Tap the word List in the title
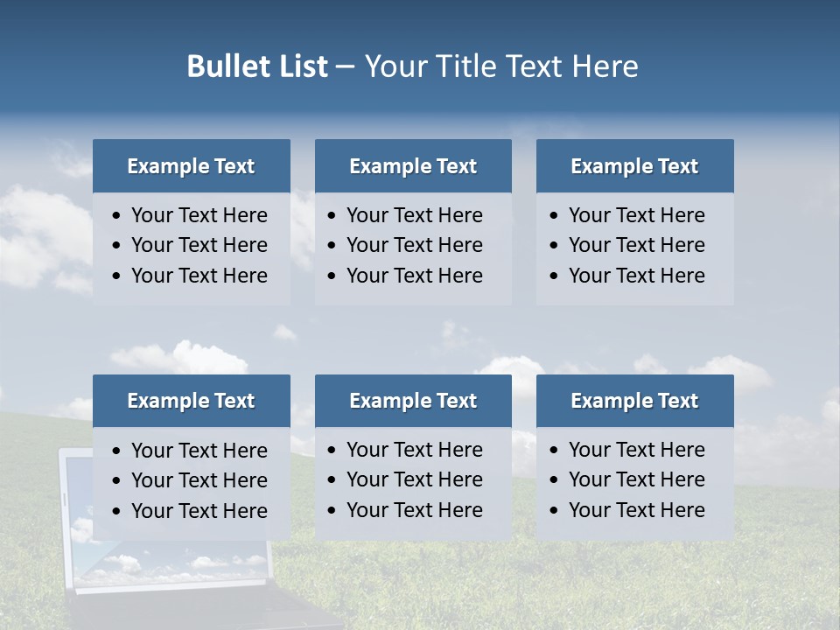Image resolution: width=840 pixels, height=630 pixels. click(x=302, y=66)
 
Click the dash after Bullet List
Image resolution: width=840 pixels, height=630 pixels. click(x=345, y=67)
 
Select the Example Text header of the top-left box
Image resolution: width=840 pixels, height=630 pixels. click(x=191, y=166)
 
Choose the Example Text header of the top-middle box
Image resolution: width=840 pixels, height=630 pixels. click(x=413, y=166)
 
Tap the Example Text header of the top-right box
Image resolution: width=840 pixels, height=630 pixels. click(x=634, y=166)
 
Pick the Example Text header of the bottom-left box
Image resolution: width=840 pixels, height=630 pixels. click(x=191, y=401)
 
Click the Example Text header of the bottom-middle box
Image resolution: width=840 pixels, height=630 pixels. click(x=413, y=401)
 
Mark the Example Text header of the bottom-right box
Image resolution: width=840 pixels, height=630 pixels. click(x=634, y=401)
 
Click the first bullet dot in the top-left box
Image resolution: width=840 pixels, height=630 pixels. click(x=117, y=216)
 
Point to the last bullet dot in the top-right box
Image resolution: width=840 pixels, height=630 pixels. click(x=555, y=276)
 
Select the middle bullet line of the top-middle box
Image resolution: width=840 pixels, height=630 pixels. click(x=414, y=245)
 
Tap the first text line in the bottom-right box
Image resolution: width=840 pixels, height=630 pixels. click(x=636, y=450)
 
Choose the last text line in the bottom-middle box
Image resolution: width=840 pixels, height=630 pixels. click(x=414, y=510)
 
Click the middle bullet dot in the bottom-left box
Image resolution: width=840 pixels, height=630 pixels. click(x=117, y=481)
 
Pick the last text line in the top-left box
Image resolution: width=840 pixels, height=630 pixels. click(x=199, y=276)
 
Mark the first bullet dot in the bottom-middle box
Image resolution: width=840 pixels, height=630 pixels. click(x=332, y=451)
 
